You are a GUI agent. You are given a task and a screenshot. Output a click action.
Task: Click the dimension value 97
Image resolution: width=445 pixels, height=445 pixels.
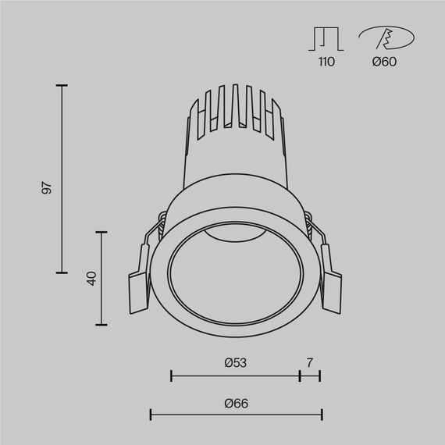pyautogui.click(x=48, y=188)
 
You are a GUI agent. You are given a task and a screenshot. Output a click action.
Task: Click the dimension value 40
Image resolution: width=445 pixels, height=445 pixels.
pyautogui.click(x=91, y=278)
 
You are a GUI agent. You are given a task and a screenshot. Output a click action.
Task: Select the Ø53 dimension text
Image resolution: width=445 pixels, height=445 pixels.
pyautogui.click(x=235, y=362)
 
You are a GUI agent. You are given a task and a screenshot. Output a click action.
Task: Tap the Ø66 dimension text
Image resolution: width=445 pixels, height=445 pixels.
pyautogui.click(x=235, y=403)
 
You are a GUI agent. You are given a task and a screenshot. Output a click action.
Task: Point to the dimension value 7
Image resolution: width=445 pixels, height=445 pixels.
pyautogui.click(x=310, y=362)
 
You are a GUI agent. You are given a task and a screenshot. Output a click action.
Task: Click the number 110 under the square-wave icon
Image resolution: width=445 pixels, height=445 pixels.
pyautogui.click(x=326, y=62)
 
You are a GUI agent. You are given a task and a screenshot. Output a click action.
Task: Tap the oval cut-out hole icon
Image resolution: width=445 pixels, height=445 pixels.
pyautogui.click(x=386, y=39)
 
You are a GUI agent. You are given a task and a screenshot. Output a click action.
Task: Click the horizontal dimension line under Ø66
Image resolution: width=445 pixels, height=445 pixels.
pyautogui.click(x=236, y=415)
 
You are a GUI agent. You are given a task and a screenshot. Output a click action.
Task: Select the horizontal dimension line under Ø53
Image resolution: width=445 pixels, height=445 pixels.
pyautogui.click(x=235, y=376)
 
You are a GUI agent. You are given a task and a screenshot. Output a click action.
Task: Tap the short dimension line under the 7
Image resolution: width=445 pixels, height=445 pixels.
pyautogui.click(x=310, y=376)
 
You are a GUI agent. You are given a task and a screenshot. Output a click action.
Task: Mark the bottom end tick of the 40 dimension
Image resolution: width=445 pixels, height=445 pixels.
pyautogui.click(x=101, y=324)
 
